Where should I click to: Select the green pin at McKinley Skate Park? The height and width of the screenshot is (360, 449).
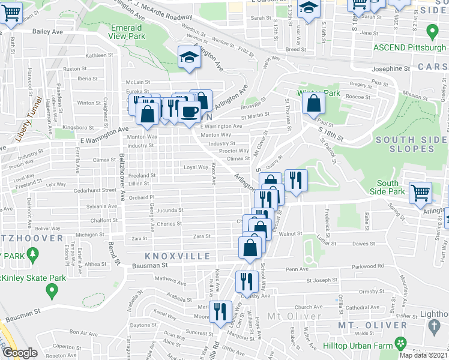pos(52,291)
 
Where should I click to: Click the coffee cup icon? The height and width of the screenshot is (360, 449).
pos(190,111)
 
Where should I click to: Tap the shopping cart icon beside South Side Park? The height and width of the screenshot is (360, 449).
pos(420,193)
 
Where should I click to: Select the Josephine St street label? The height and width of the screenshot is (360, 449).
pos(390,68)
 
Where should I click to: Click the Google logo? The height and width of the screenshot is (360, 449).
pos(19,353)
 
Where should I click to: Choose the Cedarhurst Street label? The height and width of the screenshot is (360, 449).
pos(92,190)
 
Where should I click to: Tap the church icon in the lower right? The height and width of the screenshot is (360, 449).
pos(436,326)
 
